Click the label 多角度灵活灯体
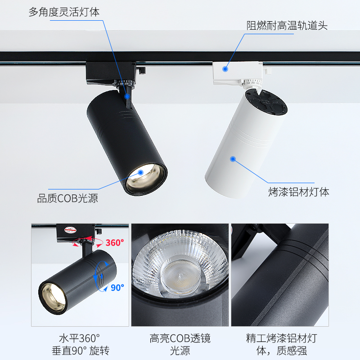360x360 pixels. coord(64,12)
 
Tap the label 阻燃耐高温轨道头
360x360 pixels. coord(287,26)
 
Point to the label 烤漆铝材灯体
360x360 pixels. coord(299,192)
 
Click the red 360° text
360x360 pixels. coord(114,243)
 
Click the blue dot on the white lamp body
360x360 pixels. coord(233,158)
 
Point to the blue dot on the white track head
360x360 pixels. coord(225,69)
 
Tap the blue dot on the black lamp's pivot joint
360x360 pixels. coord(127,96)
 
